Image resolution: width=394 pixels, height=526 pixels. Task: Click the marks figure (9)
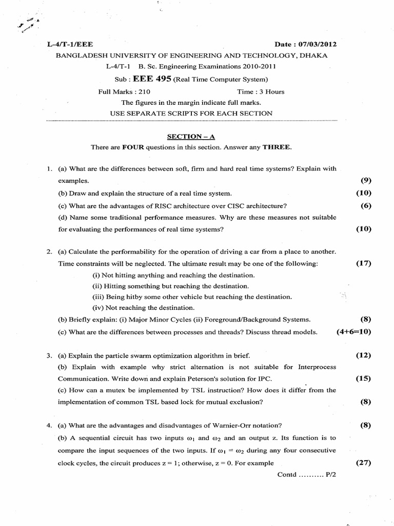[366, 181]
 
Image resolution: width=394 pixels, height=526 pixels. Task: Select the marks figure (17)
[363, 264]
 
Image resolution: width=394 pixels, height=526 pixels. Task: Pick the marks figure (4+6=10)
[354, 332]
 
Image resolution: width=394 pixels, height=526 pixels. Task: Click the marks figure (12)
[363, 355]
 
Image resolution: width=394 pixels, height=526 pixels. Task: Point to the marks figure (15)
[363, 379]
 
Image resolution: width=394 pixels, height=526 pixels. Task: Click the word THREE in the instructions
[277, 147]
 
